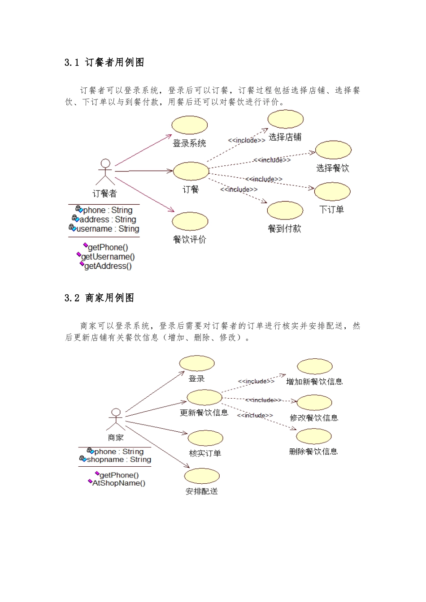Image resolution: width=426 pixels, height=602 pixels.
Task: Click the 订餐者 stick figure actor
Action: (105, 172)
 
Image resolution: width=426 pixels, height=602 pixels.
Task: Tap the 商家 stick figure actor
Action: (116, 419)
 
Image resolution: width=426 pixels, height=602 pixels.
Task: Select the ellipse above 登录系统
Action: (190, 125)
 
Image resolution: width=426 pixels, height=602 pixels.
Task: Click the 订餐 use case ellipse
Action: (191, 171)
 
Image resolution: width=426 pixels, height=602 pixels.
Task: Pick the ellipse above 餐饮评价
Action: (190, 222)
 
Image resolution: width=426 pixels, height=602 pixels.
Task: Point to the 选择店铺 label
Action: (285, 137)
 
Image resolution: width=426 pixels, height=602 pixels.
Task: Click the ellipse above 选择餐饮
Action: (333, 150)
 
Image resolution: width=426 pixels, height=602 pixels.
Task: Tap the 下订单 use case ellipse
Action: (332, 192)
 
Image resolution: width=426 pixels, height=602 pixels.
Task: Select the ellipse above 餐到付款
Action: (285, 211)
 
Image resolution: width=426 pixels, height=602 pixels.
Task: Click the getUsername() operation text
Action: (108, 257)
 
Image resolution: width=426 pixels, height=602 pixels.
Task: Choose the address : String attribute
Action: (108, 219)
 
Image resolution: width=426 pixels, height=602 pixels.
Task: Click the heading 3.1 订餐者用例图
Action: (104, 63)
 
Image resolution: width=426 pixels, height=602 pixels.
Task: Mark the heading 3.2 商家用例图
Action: (99, 298)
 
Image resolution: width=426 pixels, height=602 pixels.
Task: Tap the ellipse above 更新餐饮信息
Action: (204, 397)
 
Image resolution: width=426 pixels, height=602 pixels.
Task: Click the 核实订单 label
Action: (205, 453)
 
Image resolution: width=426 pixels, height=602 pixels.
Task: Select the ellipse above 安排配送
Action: (202, 476)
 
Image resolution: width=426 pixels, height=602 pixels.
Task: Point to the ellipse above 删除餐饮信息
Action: (314, 436)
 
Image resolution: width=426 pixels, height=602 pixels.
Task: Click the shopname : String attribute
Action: (119, 460)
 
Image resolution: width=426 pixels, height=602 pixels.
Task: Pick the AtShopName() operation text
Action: (119, 483)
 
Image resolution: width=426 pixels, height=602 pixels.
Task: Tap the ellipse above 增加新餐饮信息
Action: (315, 366)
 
